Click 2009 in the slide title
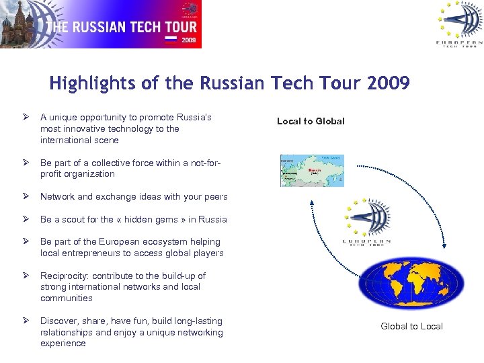pyautogui.click(x=389, y=83)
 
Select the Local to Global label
pyautogui.click(x=311, y=121)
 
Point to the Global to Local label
pyautogui.click(x=411, y=326)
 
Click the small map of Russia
pyautogui.click(x=311, y=171)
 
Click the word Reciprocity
pyautogui.click(x=65, y=276)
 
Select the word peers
pyautogui.click(x=215, y=197)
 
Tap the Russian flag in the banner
pyautogui.click(x=171, y=39)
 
